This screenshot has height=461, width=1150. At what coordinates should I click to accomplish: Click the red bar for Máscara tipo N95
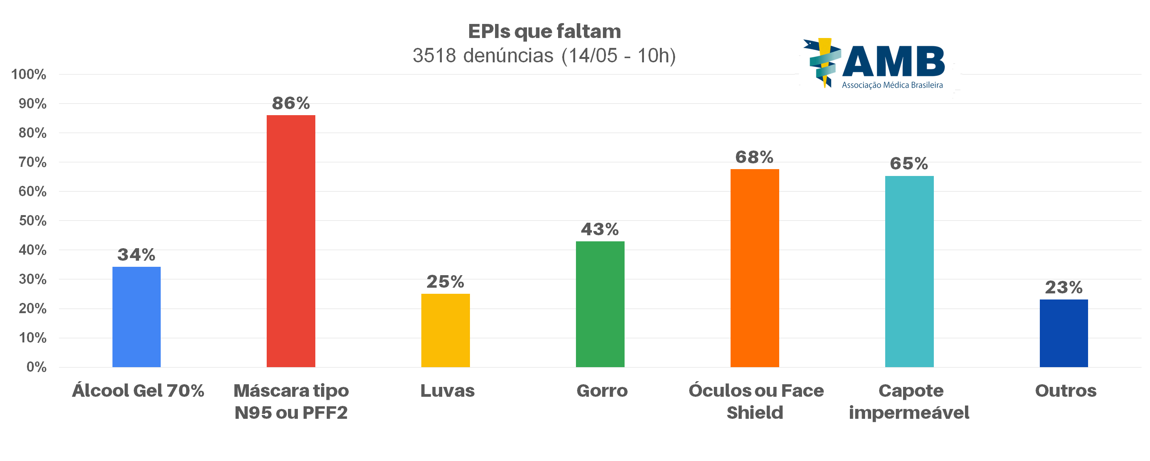[x=291, y=241]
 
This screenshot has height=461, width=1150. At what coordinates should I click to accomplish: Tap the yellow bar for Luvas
[x=445, y=330]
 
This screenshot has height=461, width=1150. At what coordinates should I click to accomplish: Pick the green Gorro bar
[x=600, y=304]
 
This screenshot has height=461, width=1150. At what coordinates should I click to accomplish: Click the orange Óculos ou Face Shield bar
[x=755, y=268]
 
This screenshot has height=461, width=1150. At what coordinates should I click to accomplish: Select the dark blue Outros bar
[x=1063, y=333]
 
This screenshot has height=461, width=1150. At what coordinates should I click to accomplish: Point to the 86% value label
[x=291, y=103]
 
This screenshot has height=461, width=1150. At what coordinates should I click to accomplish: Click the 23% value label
[x=1063, y=287]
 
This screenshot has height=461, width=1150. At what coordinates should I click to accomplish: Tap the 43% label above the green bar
[x=600, y=229]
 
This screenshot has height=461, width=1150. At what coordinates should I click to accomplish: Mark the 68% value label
[x=755, y=157]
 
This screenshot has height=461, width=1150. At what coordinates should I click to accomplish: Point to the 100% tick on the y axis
[x=28, y=74]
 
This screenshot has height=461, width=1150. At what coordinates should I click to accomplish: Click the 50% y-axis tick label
[x=32, y=221]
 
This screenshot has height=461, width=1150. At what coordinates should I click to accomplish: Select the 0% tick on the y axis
[x=36, y=367]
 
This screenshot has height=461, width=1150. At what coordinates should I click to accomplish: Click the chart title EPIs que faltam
[x=544, y=31]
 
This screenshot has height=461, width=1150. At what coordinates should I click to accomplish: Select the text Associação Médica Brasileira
[x=892, y=85]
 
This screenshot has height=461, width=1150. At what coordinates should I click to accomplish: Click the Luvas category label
[x=447, y=390]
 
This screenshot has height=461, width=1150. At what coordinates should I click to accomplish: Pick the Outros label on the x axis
[x=1066, y=390]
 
